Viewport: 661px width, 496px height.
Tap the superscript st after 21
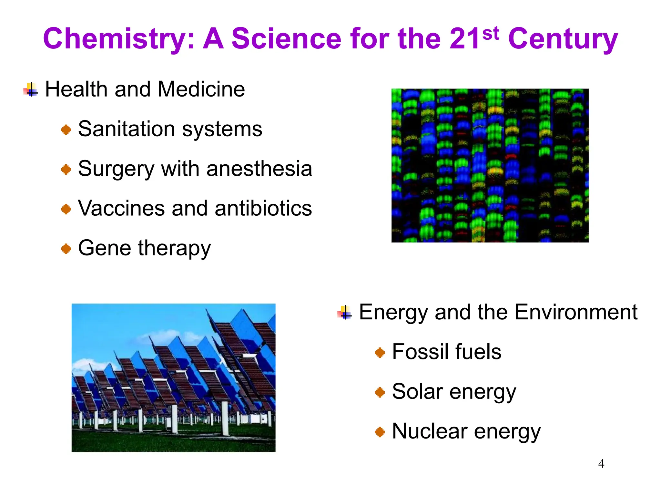tap(491, 34)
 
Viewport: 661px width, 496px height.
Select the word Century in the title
tap(563, 39)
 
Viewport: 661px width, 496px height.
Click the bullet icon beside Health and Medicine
tap(31, 89)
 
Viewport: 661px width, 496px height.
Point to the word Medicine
tap(201, 89)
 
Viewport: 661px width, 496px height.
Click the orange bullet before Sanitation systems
tap(66, 130)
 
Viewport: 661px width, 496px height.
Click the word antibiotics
tap(263, 208)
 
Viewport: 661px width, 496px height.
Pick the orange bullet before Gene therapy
tap(66, 249)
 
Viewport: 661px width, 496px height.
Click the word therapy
tap(174, 249)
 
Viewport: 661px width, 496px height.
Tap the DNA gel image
tap(490, 165)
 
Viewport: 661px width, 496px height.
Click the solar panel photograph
tap(173, 377)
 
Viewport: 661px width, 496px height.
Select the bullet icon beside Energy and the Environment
tap(345, 313)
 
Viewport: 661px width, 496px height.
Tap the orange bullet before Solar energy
tap(380, 393)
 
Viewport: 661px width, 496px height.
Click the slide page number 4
tap(601, 464)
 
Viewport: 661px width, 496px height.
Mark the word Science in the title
tap(286, 39)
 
